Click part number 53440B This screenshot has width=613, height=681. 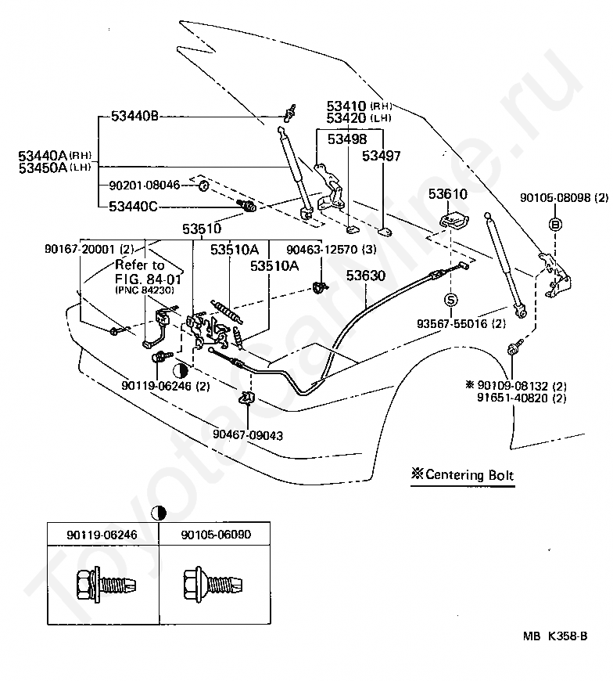(x=134, y=117)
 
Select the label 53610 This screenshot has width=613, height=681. (x=448, y=193)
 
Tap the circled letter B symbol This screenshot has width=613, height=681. (x=555, y=224)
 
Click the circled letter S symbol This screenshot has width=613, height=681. (x=450, y=300)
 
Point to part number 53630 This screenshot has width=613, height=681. (x=366, y=276)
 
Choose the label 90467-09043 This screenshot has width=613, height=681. (x=248, y=434)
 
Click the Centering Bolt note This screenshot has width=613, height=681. (x=462, y=474)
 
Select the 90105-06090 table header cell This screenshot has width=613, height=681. (x=215, y=534)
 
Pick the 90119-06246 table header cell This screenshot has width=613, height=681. (x=102, y=534)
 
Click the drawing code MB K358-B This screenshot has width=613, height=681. (x=555, y=636)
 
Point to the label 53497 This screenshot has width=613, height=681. (x=382, y=156)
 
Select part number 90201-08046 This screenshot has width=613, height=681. (x=145, y=186)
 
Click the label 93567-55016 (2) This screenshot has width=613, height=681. (x=461, y=323)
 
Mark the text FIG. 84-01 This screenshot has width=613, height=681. (x=148, y=279)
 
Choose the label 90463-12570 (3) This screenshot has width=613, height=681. (x=331, y=249)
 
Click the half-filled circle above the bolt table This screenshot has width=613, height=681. (x=159, y=513)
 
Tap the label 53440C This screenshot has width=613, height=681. (x=133, y=206)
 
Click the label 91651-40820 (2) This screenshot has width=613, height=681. (x=522, y=398)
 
